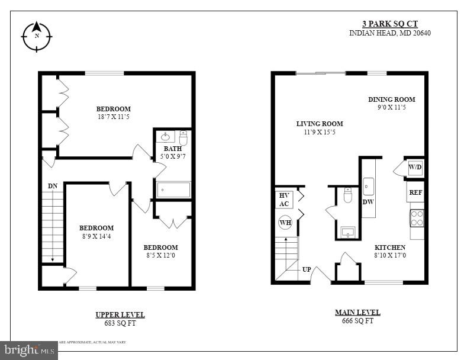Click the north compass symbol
click(x=37, y=35)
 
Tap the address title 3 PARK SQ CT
click(x=390, y=24)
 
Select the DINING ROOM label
click(x=391, y=99)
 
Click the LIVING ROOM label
click(x=320, y=124)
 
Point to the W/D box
click(x=415, y=168)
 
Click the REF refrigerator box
click(x=415, y=192)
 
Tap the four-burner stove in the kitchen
click(x=417, y=218)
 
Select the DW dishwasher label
click(x=368, y=202)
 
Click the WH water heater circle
click(x=285, y=223)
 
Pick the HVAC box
click(x=284, y=200)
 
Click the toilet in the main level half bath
click(x=348, y=195)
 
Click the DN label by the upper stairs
click(x=53, y=186)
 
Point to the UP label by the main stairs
click(x=307, y=269)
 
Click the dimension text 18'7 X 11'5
click(x=114, y=117)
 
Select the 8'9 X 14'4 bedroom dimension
click(x=96, y=236)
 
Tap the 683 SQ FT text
click(x=120, y=323)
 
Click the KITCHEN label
click(x=390, y=247)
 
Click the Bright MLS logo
click(x=28, y=351)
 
